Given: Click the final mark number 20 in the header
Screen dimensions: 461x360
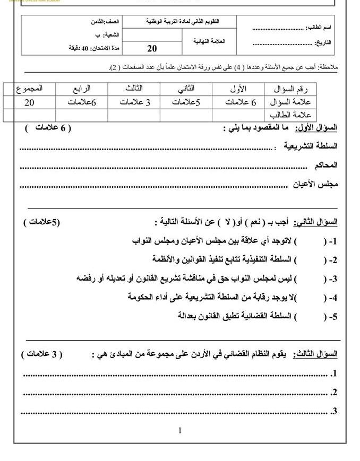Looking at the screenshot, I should tap(152, 49).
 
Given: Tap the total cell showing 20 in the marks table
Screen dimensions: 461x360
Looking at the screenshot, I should tap(29, 102).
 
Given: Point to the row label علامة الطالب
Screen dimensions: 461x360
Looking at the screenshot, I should tap(290, 115).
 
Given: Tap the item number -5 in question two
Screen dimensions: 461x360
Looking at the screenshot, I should tap(332, 317).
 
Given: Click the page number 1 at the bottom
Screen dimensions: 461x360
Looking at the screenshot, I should tap(180, 430).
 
